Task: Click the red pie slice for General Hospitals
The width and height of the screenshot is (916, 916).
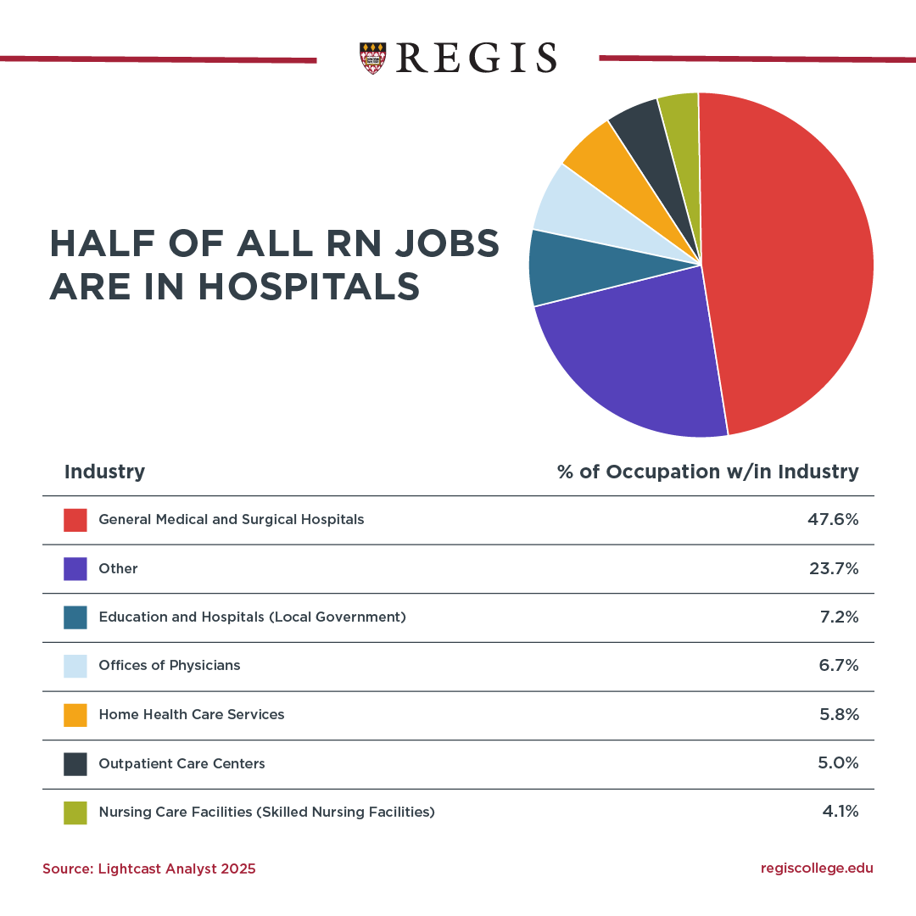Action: pyautogui.click(x=789, y=263)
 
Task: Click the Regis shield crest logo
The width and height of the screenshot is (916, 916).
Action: pyautogui.click(x=372, y=58)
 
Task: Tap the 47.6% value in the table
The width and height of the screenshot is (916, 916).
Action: pyautogui.click(x=833, y=519)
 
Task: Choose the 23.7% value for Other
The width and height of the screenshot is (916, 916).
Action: pyautogui.click(x=833, y=568)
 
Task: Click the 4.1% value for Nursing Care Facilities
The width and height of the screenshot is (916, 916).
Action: pyautogui.click(x=840, y=812)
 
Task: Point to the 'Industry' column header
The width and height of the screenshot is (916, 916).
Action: pyautogui.click(x=104, y=472)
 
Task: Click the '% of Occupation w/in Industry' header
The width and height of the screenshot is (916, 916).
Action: pyautogui.click(x=707, y=472)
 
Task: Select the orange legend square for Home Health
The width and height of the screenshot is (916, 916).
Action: pyautogui.click(x=75, y=715)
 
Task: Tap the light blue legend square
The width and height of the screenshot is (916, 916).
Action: pyautogui.click(x=75, y=666)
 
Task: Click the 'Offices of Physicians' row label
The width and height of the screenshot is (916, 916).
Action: pyautogui.click(x=170, y=666)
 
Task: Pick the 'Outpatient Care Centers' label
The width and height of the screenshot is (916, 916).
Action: pyautogui.click(x=182, y=763)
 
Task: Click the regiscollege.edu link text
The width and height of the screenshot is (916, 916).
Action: pyautogui.click(x=817, y=868)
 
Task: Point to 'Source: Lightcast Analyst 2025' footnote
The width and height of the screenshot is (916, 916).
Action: pyautogui.click(x=149, y=869)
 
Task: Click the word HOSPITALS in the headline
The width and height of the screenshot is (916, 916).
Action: pyautogui.click(x=310, y=287)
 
